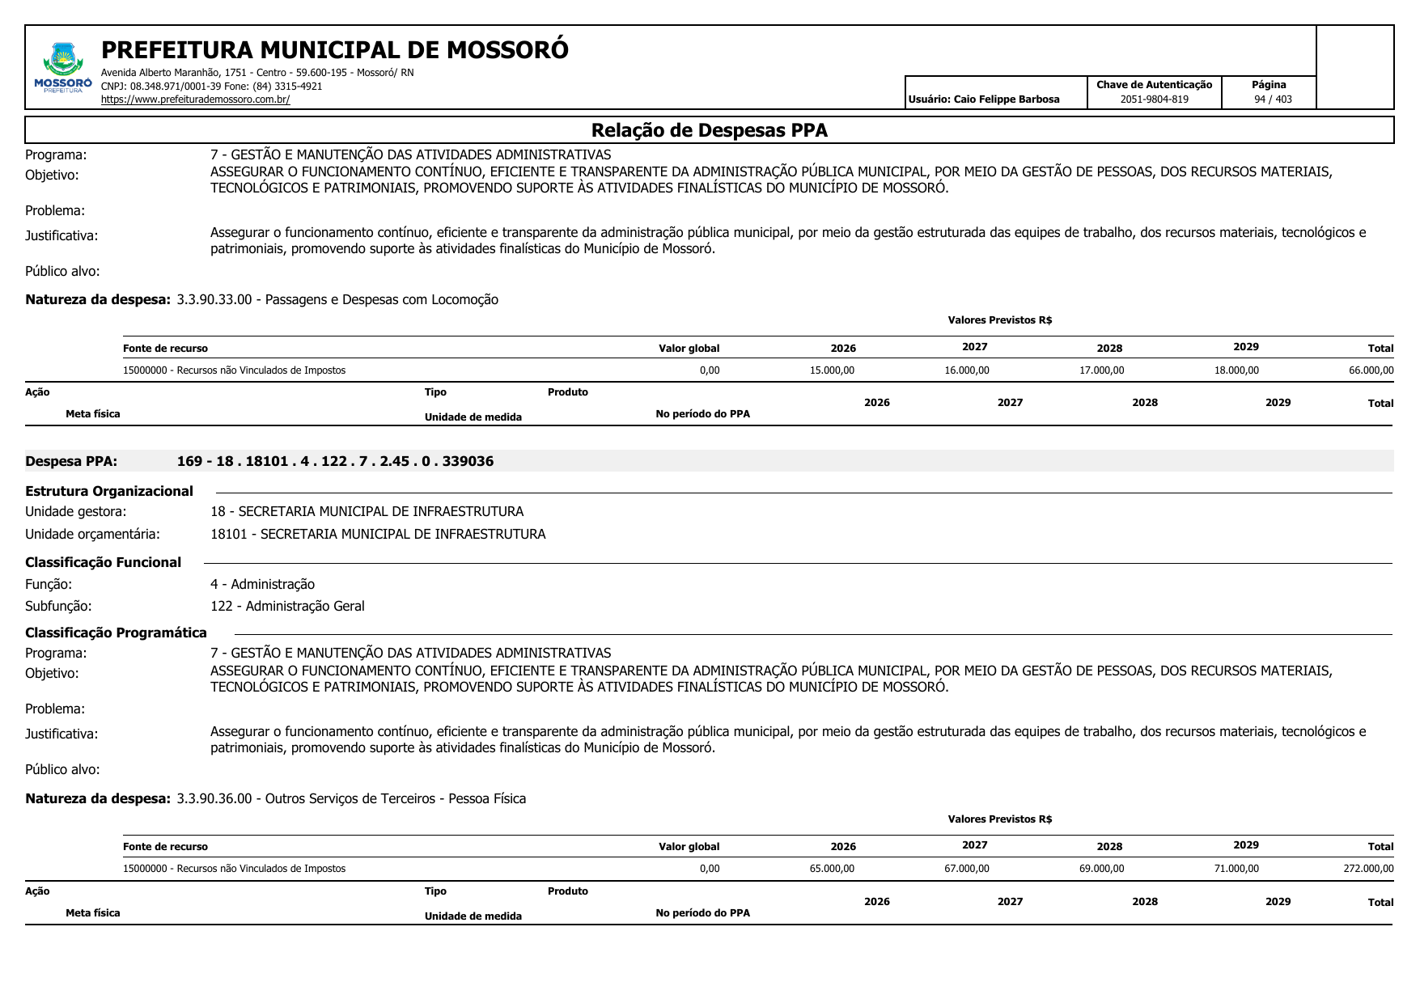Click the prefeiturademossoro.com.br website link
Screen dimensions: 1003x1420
(x=195, y=99)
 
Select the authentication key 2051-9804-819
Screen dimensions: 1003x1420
(x=1154, y=99)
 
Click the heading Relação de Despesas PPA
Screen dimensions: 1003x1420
(x=709, y=130)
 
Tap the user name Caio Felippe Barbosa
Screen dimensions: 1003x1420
(x=1006, y=99)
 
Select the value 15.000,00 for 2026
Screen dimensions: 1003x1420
(x=832, y=370)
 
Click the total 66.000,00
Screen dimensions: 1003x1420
(x=1371, y=370)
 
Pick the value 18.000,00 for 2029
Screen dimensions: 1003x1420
(x=1236, y=370)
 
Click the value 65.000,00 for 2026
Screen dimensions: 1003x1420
(x=832, y=869)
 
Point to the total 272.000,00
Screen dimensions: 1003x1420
(x=1368, y=869)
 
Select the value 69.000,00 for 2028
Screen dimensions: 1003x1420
(x=1101, y=869)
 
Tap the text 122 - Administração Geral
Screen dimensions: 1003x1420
(x=287, y=606)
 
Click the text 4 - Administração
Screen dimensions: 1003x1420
(x=262, y=584)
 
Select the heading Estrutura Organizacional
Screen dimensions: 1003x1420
(x=109, y=491)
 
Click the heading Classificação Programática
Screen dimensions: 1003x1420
(x=116, y=633)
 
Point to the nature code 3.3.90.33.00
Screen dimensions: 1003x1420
(x=214, y=300)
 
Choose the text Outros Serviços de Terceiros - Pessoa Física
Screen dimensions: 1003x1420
(x=396, y=798)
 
